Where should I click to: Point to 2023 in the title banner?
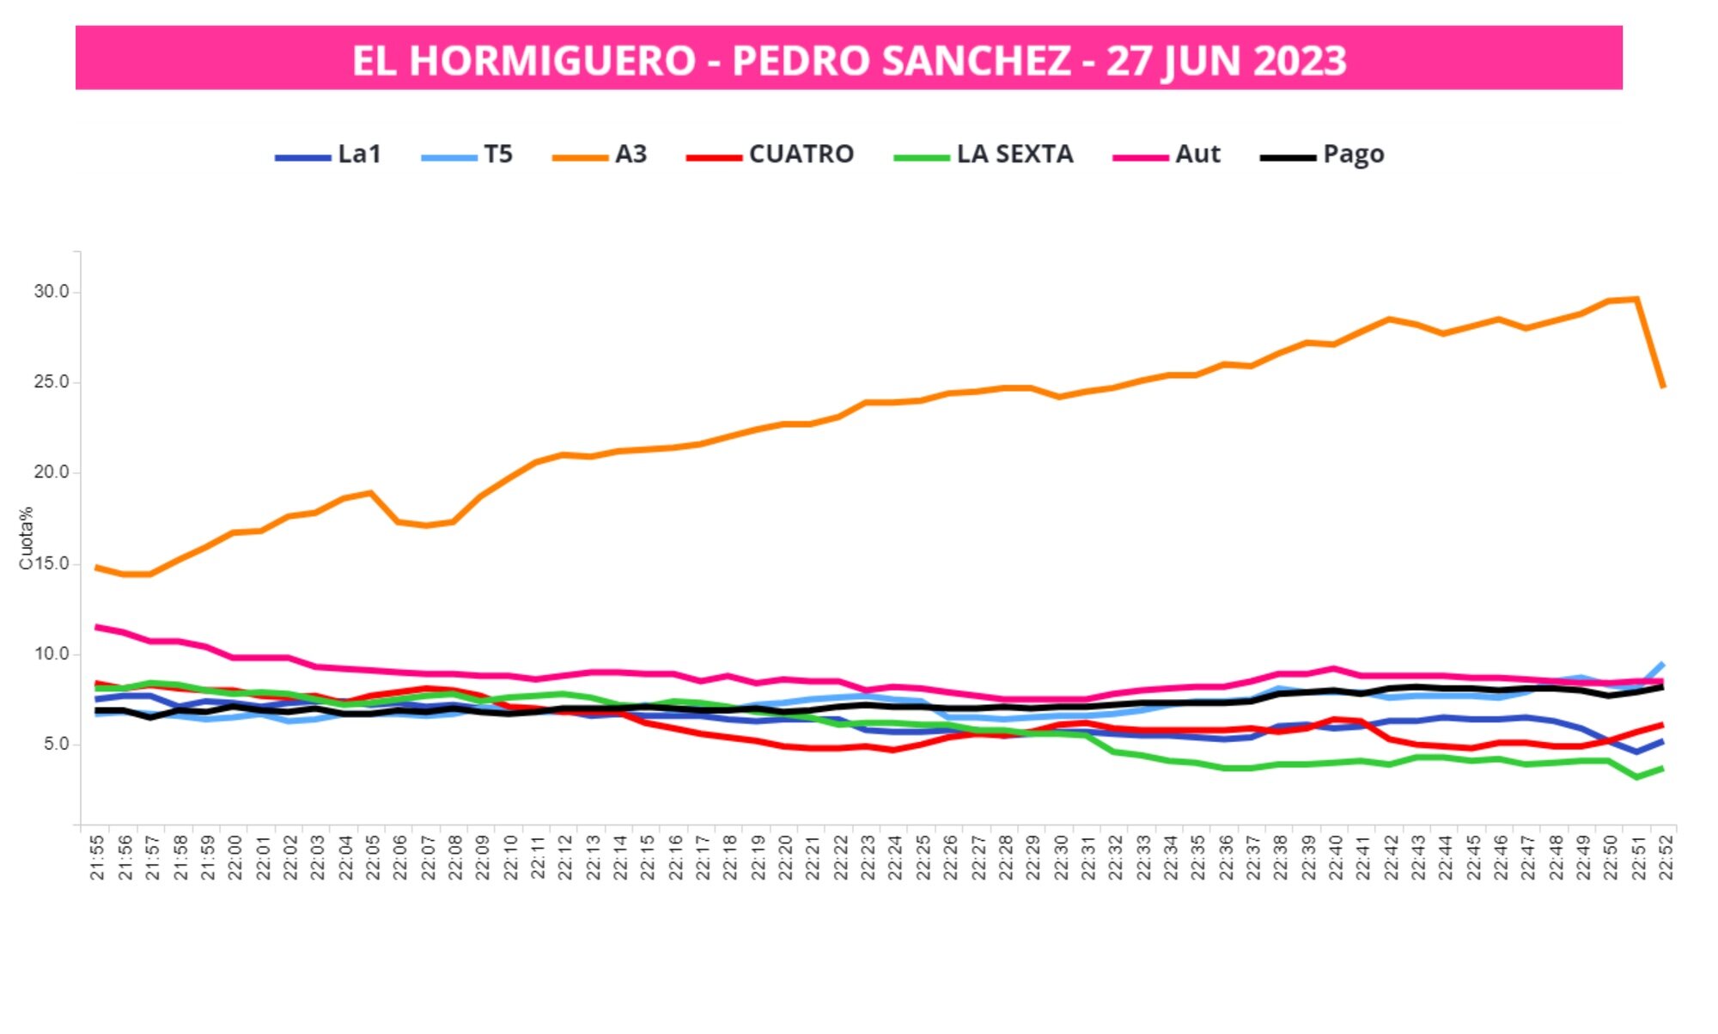pos(1298,60)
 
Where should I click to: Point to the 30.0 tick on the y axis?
pos(52,292)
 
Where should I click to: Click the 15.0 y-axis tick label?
pos(52,564)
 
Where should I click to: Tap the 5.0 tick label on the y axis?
pos(56,745)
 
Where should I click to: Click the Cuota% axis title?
pos(26,538)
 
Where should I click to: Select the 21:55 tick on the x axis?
pos(97,857)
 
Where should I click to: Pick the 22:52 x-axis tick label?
pos(1666,857)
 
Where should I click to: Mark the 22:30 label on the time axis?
pos(1061,857)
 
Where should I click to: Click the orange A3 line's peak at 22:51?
pos(1637,299)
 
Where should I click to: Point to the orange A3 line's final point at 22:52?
pos(1664,387)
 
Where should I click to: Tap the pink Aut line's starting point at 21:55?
pos(96,627)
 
